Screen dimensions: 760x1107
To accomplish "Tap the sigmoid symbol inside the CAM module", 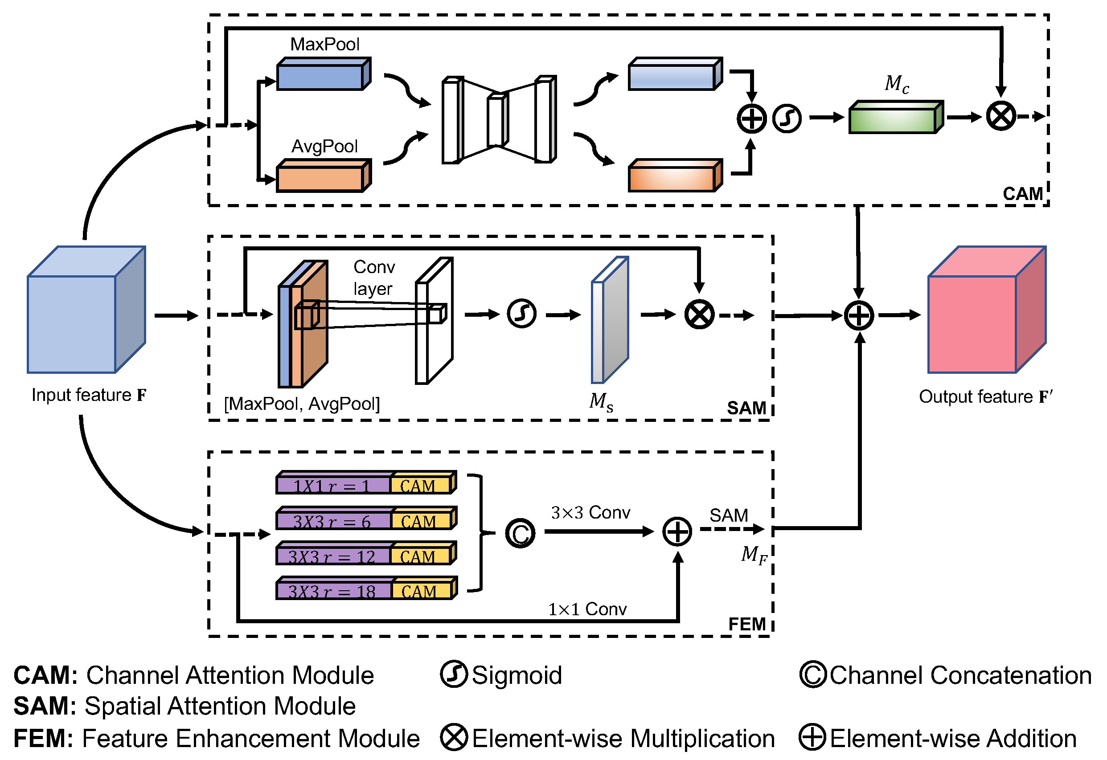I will (x=787, y=118).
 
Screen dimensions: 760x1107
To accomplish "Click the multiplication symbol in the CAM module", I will (x=1001, y=116).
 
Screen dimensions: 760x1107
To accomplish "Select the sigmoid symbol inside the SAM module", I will (x=521, y=314).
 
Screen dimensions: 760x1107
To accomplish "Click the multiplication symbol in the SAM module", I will (x=699, y=315).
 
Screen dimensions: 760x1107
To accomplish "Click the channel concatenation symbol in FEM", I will (x=520, y=533).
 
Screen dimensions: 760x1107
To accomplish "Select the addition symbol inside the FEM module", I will (x=677, y=531).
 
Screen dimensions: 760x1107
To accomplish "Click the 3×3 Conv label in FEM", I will (x=590, y=513).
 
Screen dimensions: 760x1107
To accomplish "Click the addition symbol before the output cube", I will (x=859, y=315).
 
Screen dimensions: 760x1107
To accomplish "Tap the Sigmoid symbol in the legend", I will (x=454, y=674).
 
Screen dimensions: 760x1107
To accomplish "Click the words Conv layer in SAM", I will (x=374, y=278).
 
